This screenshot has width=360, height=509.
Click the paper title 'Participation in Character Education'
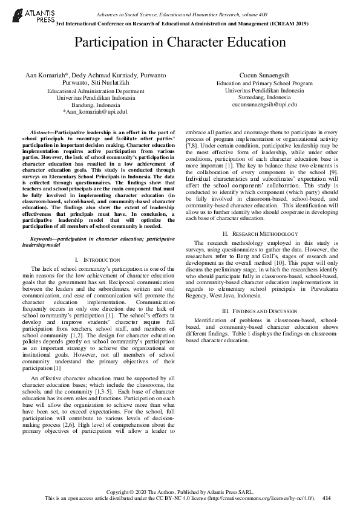[180, 42]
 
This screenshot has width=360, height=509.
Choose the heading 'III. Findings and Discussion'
[261, 310]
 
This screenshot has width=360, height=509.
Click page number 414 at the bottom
[327, 498]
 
